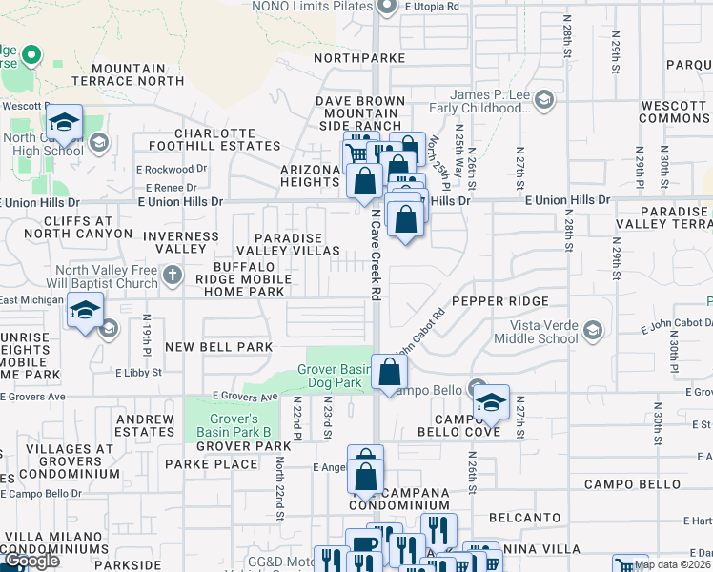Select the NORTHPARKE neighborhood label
click(361, 58)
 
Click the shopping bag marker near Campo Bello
click(389, 372)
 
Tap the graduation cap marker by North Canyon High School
click(64, 122)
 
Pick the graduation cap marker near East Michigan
click(85, 312)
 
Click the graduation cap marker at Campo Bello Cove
click(491, 401)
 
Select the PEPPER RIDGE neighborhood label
click(499, 301)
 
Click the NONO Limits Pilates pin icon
click(386, 8)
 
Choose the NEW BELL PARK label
click(218, 346)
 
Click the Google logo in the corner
click(31, 562)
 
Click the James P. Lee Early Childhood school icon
click(543, 99)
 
